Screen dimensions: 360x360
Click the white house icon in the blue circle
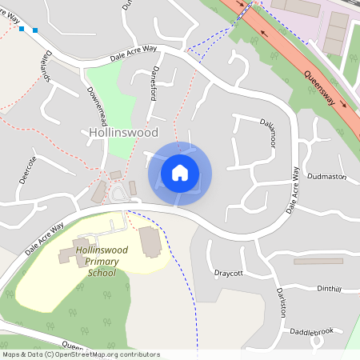(180, 173)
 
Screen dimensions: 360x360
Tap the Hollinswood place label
(123, 132)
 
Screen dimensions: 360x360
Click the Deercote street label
(31, 169)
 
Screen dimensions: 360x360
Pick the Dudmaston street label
(326, 174)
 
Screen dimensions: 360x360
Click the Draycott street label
(228, 273)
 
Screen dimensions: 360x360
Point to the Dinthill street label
(329, 288)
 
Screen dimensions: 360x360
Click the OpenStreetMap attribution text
(81, 354)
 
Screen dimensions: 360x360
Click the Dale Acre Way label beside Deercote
(44, 238)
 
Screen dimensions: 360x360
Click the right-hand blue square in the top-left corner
(35, 30)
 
